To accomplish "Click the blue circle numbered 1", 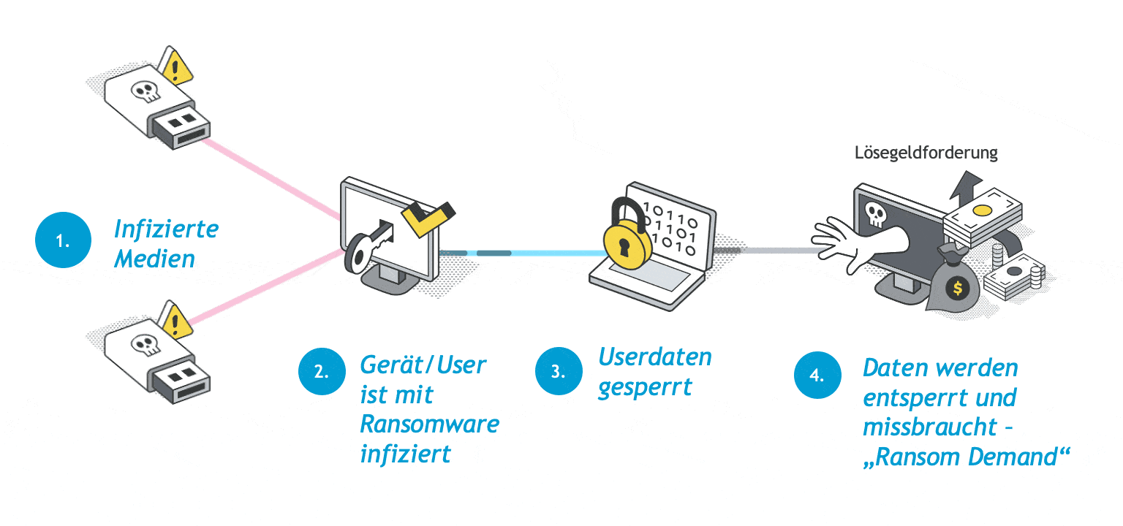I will pos(63,240).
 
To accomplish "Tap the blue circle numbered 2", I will pos(322,370).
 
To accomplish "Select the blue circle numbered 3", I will pos(559,370).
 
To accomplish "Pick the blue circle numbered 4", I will pos(818,376).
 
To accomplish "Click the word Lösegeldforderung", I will pos(926,153).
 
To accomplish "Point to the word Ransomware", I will pos(430,424).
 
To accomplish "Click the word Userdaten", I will pos(655,357).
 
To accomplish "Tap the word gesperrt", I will pos(644,387).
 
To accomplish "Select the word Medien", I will pos(154,258).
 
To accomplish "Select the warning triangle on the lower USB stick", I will pos(175,321).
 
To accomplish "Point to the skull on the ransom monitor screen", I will pos(874,213).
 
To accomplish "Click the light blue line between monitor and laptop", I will pos(556,254).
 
